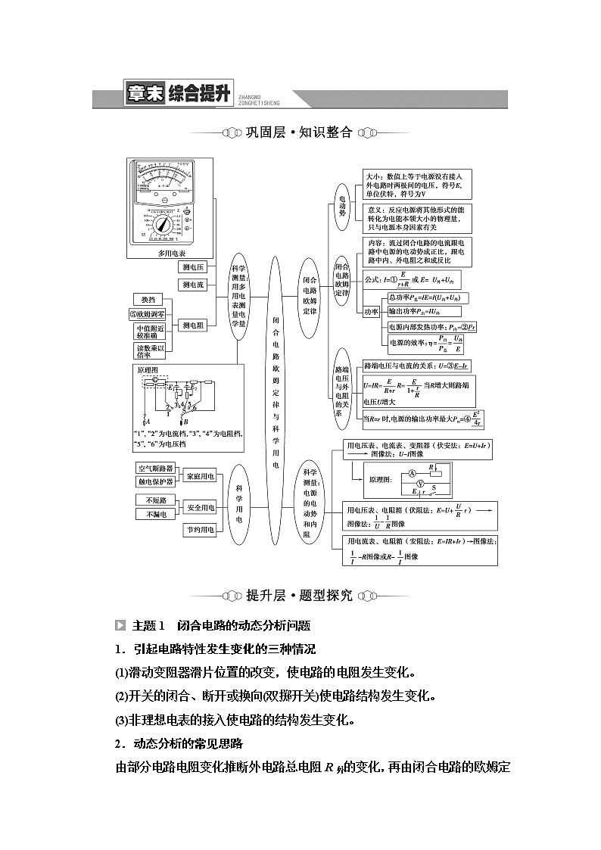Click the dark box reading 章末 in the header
pos(145,95)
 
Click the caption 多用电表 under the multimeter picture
pos(171,254)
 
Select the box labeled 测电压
pos(192,267)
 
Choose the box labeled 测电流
pos(192,285)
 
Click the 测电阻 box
pos(192,325)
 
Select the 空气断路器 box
pos(156,469)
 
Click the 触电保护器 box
pos(156,481)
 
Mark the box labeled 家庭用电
pos(201,475)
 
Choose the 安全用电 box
pos(201,507)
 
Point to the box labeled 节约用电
pos(201,530)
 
